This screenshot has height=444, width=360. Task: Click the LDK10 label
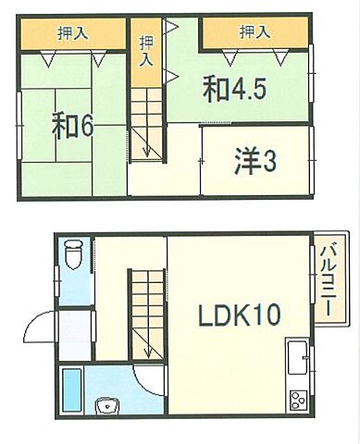click(239, 316)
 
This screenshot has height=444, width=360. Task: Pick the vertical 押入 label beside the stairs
click(145, 51)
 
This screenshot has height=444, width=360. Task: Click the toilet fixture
click(74, 252)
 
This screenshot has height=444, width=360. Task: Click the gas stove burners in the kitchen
click(298, 401)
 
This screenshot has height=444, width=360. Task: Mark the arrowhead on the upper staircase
click(146, 152)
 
